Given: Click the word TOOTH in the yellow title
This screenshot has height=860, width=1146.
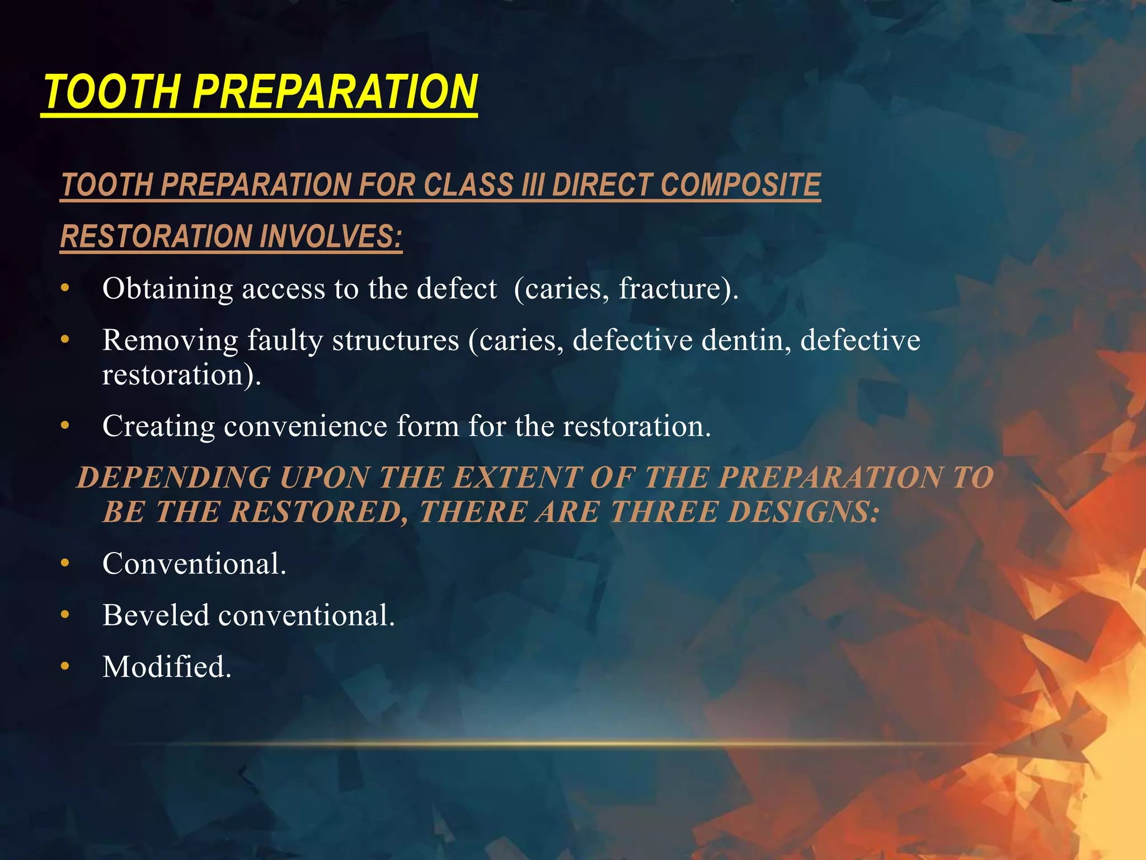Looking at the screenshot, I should pos(112,92).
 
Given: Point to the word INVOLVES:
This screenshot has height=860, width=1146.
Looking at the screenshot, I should pos(331,236).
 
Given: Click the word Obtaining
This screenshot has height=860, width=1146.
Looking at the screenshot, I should pos(167,289).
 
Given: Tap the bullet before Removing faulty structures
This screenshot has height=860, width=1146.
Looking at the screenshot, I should pos(65,339).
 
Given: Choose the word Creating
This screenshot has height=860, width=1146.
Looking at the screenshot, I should pos(158,427).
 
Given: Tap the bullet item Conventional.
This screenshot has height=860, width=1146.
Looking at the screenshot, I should pos(194,564).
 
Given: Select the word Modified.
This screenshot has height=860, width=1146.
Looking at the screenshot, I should pos(166,667).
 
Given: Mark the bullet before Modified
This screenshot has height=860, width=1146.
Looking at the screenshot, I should pos(65,666).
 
